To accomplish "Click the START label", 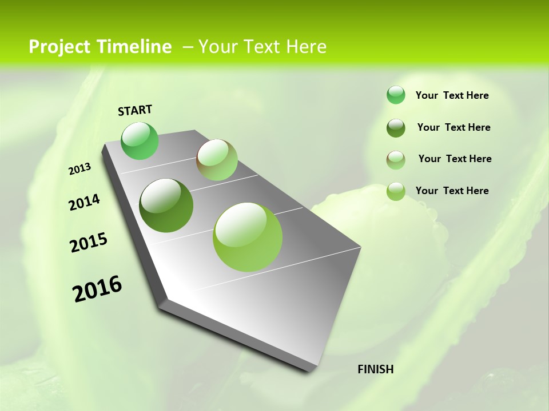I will (135, 110).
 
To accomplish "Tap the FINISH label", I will (375, 369).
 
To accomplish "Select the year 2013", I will (80, 169).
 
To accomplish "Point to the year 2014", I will (84, 203).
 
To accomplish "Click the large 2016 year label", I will (97, 288).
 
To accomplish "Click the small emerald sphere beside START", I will (140, 140).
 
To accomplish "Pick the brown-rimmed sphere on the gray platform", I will (217, 160).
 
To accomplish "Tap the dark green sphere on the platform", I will (166, 205).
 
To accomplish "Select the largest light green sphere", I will (248, 237).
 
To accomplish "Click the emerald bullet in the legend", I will (396, 95).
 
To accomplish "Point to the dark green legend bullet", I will (396, 128).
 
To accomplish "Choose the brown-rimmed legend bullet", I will (396, 160).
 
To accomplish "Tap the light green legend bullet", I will (396, 191).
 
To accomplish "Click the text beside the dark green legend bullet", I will (453, 127).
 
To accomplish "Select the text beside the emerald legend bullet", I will (452, 95).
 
